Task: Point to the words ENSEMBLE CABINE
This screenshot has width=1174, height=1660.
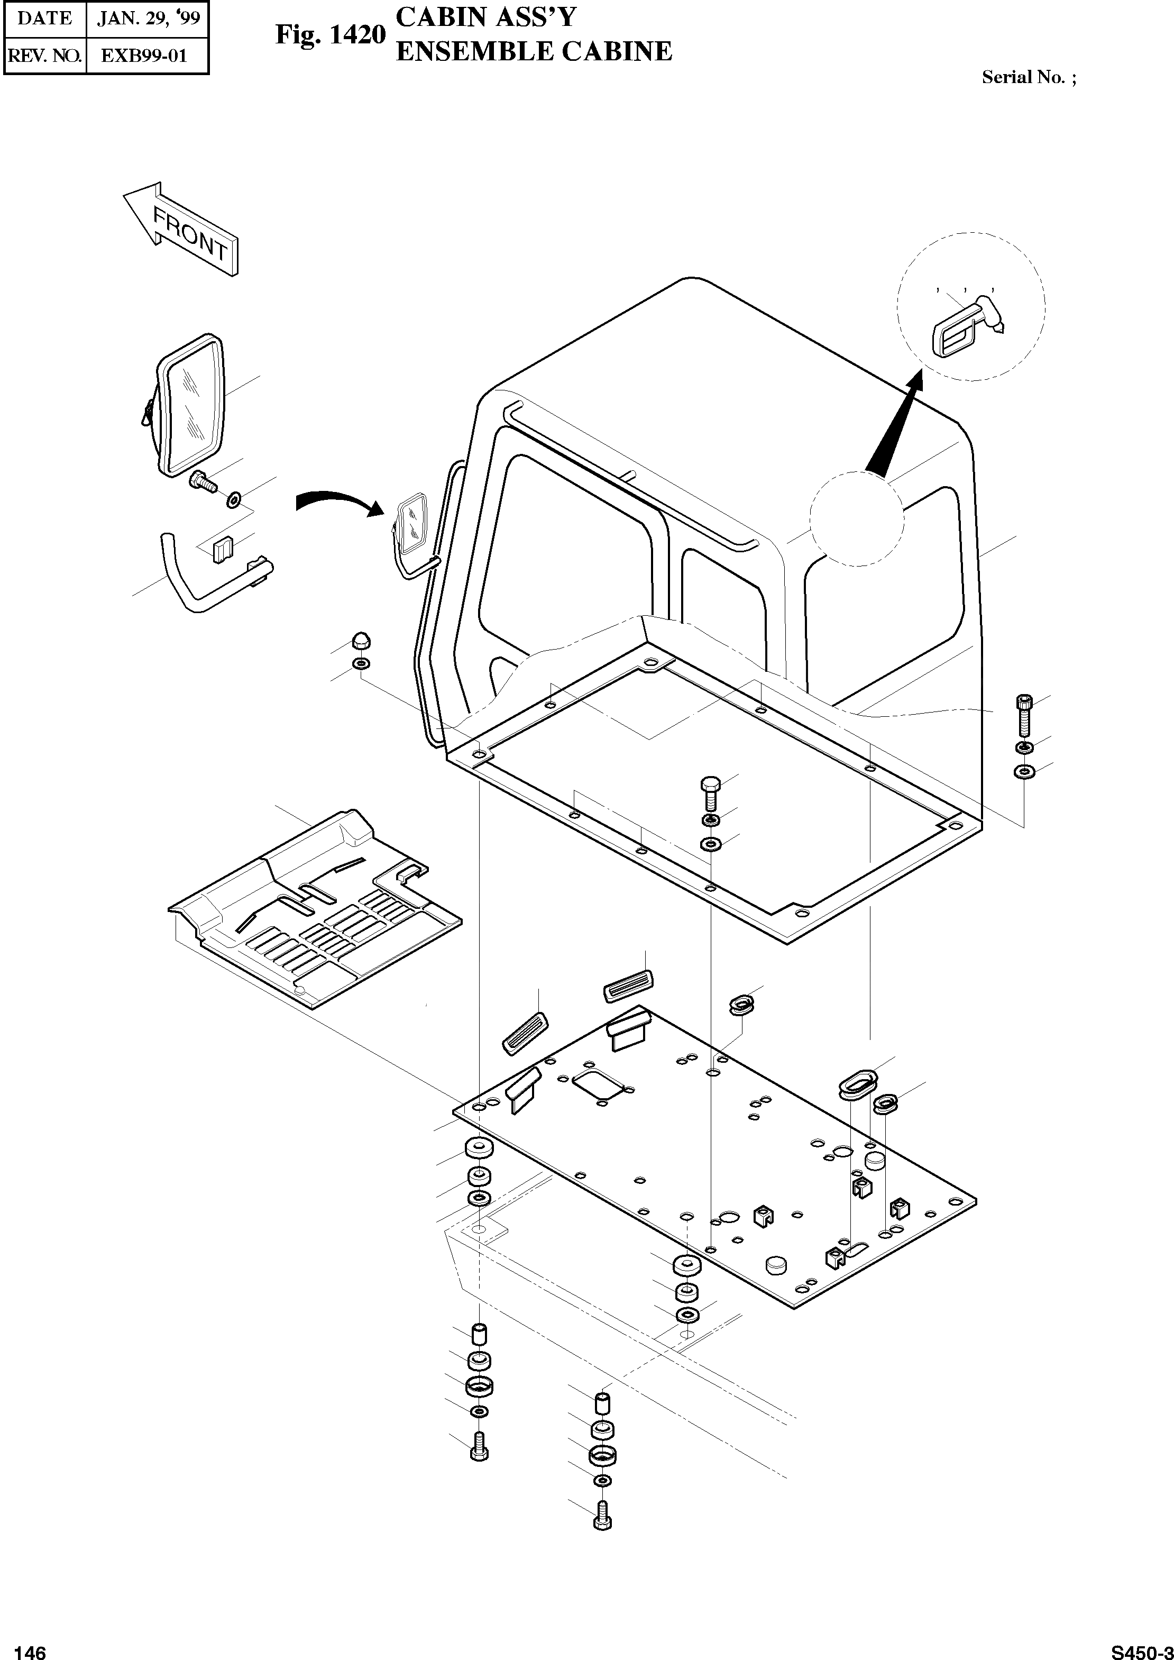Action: click(534, 52)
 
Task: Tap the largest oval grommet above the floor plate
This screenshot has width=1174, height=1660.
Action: click(857, 1084)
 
